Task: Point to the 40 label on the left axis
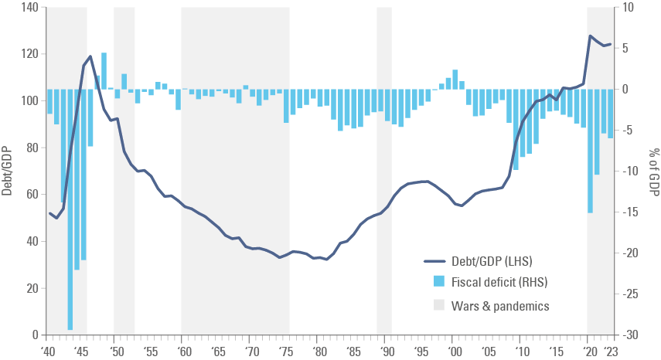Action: (32, 241)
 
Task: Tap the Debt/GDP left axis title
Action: (7, 171)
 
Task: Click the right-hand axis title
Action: (654, 171)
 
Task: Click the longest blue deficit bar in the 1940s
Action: (70, 209)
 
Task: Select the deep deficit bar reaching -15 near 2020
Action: (590, 151)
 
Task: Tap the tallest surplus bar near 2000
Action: (455, 80)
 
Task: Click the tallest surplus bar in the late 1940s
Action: (104, 71)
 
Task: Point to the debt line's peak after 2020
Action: (591, 36)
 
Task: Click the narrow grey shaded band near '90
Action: (384, 170)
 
